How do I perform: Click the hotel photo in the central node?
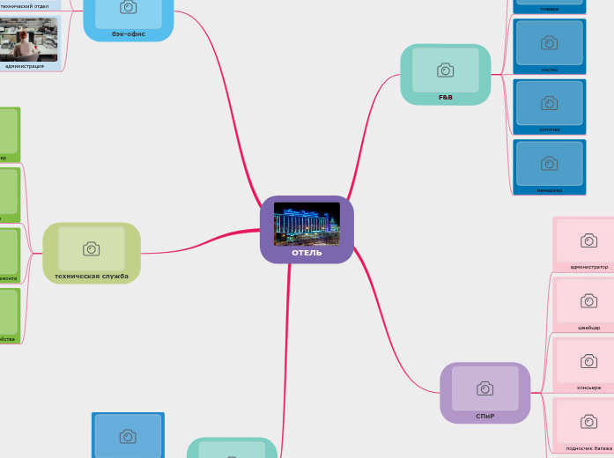pos(307,223)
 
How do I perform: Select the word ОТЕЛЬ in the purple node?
pos(307,253)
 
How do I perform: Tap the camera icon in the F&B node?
pos(445,70)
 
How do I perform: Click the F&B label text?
pos(445,97)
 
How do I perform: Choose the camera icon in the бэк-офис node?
pos(128,7)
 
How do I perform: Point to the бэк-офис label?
pos(129,33)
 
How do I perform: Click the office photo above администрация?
pos(29,39)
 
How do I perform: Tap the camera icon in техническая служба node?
pos(91,248)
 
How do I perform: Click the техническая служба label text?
pos(92,276)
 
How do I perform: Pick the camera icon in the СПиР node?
pos(485,388)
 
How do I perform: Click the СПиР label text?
pos(485,416)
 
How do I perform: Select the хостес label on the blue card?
pos(549,69)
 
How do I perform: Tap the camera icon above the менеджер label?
pos(549,163)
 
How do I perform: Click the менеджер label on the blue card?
pos(549,189)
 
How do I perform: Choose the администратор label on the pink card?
pos(588,266)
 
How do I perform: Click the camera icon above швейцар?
pos(588,300)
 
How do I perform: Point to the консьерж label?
pos(588,388)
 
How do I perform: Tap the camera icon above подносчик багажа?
pos(588,422)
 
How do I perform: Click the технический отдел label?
pos(24,6)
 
